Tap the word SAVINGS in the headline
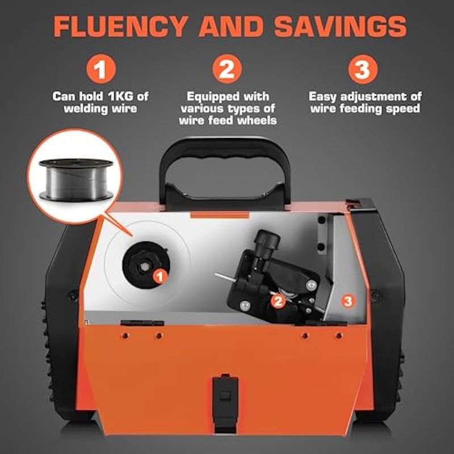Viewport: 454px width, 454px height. click(x=340, y=26)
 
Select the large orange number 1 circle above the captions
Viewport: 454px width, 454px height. click(x=101, y=69)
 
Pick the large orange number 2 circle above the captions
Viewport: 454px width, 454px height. click(x=227, y=69)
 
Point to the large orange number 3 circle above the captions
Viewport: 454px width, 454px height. click(x=363, y=69)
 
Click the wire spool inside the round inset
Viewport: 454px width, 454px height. click(x=76, y=179)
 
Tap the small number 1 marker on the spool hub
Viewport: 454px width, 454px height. click(x=160, y=276)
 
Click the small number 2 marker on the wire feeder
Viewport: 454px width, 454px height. click(x=278, y=301)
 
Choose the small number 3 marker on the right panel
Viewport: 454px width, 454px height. click(x=348, y=301)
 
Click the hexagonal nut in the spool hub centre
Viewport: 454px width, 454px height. click(x=144, y=267)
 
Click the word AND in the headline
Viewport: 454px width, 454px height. click(x=231, y=26)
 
